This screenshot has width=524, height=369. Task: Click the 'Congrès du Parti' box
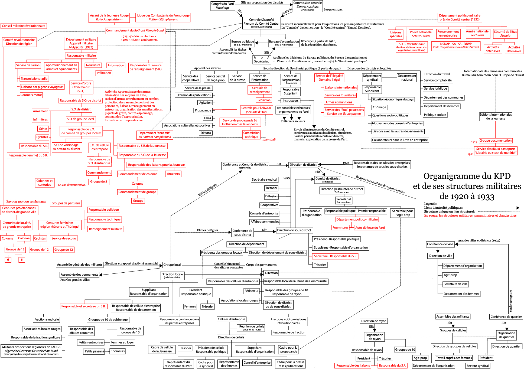pos(223,6)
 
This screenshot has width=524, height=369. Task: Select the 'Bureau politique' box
pos(243,43)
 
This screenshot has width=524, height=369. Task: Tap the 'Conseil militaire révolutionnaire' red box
pos(24,26)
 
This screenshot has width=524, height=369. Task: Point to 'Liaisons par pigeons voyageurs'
pos(42,87)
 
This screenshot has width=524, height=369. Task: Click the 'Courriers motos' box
pos(31,95)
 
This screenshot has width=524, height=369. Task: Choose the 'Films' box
pos(207,118)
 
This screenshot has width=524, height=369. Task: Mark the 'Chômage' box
pos(379,107)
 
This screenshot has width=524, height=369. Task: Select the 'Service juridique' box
pos(435,89)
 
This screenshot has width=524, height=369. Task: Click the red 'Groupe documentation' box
pos(496,141)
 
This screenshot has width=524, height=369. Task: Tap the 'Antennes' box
pos(173,174)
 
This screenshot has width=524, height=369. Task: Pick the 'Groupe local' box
pos(172,265)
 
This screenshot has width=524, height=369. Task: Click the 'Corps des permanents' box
pos(261,265)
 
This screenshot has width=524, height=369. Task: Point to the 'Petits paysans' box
pos(94,351)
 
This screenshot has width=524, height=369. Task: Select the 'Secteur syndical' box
pos(478,366)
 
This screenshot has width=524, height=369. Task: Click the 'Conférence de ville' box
pos(440,244)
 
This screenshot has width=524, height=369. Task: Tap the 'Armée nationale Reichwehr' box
pos(477,33)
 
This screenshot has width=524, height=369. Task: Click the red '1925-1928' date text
pos(269,139)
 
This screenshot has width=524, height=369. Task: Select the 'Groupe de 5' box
pos(99,182)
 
